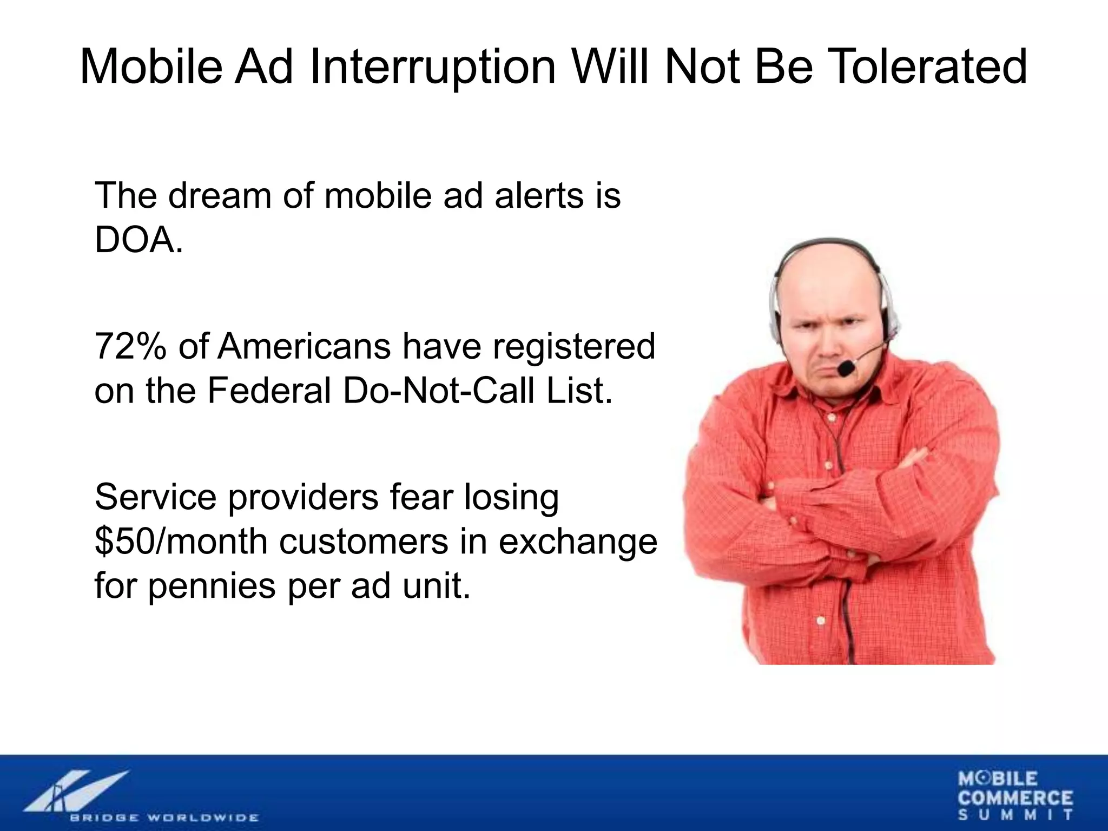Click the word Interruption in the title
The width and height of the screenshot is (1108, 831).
tap(433, 67)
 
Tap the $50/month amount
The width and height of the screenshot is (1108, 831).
tap(181, 541)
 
